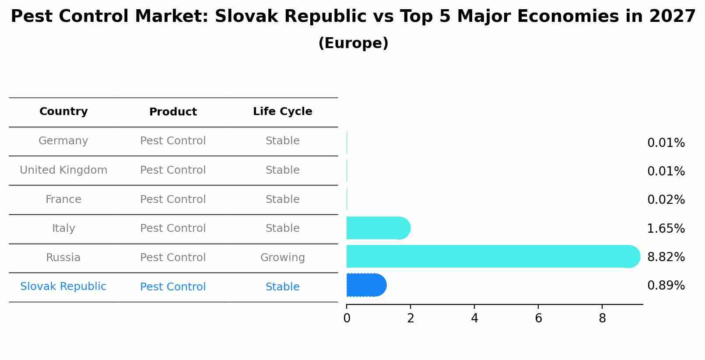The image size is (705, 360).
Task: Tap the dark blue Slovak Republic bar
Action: (x=366, y=285)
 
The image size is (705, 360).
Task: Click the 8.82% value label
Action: (x=666, y=257)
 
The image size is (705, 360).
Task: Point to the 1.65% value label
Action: (x=666, y=228)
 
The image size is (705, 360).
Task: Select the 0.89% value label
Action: (x=666, y=286)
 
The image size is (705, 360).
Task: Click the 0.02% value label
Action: (x=666, y=200)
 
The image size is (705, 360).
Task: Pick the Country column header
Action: (x=63, y=112)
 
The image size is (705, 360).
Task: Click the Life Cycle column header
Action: (x=282, y=112)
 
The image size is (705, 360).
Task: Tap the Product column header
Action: (x=173, y=112)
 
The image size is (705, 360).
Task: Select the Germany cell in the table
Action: (x=63, y=141)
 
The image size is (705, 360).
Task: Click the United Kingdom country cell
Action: (x=63, y=170)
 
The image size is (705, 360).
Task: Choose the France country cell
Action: (x=63, y=199)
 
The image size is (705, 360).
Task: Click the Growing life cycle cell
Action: (x=282, y=258)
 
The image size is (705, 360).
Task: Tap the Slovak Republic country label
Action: (x=63, y=287)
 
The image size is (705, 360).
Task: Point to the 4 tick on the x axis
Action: (x=474, y=318)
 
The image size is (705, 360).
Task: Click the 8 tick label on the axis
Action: (x=602, y=318)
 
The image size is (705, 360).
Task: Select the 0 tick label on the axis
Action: (x=347, y=318)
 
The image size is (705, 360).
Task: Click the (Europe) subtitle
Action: (x=353, y=43)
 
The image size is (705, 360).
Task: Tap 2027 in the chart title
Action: (x=672, y=17)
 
